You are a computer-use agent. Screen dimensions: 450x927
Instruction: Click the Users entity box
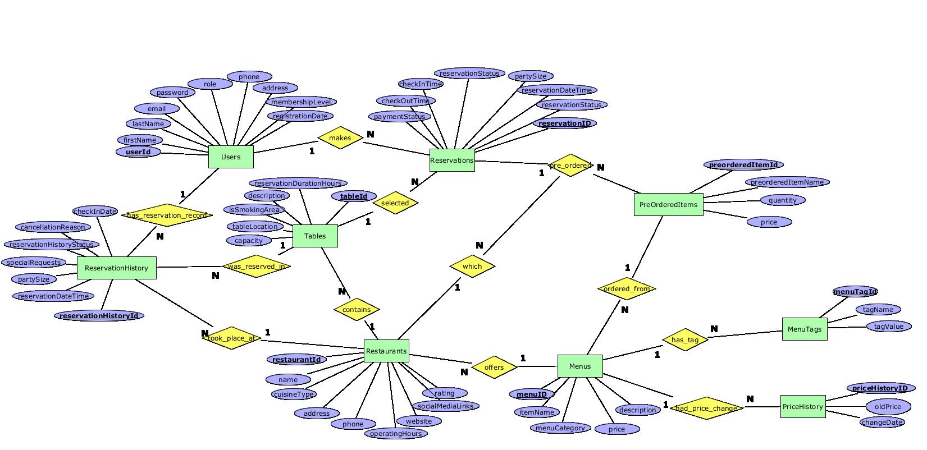pyautogui.click(x=231, y=157)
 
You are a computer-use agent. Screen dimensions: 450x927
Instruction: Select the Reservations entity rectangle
pyautogui.click(x=452, y=160)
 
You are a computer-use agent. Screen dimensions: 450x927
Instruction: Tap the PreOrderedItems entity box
pyautogui.click(x=668, y=204)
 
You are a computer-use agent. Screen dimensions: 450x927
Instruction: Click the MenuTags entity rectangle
pyautogui.click(x=804, y=329)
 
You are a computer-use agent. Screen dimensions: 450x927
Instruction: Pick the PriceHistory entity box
pyautogui.click(x=802, y=406)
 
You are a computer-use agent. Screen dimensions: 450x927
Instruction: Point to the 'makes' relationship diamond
pyautogui.click(x=340, y=138)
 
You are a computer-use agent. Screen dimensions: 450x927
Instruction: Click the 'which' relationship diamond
pyautogui.click(x=472, y=266)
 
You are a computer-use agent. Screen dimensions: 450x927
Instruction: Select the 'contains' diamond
pyautogui.click(x=357, y=309)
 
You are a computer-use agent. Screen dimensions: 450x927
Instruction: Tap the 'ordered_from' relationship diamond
pyautogui.click(x=627, y=289)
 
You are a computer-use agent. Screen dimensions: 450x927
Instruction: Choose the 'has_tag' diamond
pyautogui.click(x=685, y=339)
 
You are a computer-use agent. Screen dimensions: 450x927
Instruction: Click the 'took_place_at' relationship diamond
pyautogui.click(x=231, y=338)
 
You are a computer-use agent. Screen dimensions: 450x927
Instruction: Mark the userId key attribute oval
pyautogui.click(x=138, y=151)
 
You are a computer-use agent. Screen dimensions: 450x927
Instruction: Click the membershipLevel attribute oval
pyautogui.click(x=301, y=102)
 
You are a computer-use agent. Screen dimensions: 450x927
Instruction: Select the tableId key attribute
pyautogui.click(x=354, y=196)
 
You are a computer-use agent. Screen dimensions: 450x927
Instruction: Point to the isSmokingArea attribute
pyautogui.click(x=254, y=209)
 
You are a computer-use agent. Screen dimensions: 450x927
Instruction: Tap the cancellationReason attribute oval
pyautogui.click(x=53, y=227)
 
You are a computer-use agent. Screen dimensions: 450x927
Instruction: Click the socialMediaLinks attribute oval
pyautogui.click(x=446, y=406)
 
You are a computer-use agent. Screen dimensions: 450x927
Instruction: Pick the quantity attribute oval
pyautogui.click(x=783, y=200)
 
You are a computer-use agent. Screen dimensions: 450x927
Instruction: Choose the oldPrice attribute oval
pyautogui.click(x=888, y=406)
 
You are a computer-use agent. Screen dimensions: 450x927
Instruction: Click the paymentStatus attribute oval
pyautogui.click(x=399, y=116)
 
